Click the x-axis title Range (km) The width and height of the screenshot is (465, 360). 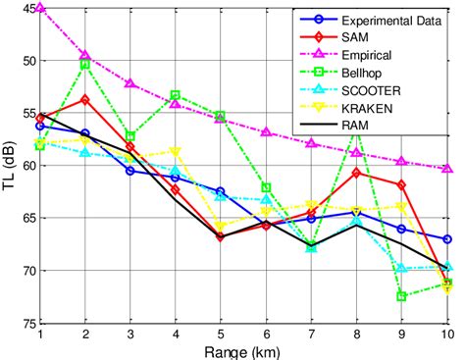coord(243,350)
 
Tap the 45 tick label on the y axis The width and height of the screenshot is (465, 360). coord(26,9)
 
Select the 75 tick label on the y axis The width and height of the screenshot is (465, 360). coord(26,323)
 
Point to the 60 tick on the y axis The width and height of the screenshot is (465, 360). coord(26,166)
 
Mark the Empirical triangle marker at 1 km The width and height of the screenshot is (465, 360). coord(39,8)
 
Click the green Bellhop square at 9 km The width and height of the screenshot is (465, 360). coord(402,296)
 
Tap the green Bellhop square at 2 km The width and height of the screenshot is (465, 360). coord(85,64)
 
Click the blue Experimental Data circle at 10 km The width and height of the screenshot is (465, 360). coord(447,239)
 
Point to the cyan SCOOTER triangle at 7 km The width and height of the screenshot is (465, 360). coord(311,248)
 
